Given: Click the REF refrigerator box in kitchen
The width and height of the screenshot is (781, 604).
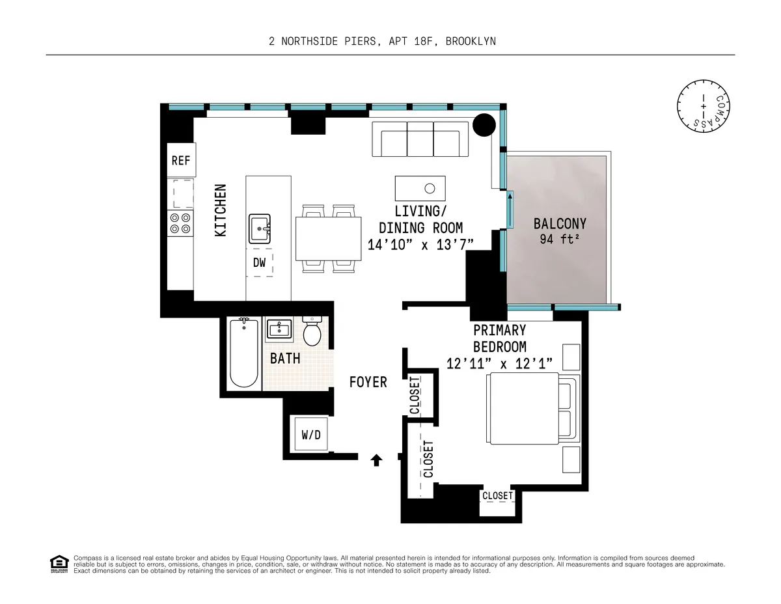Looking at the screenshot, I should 180,159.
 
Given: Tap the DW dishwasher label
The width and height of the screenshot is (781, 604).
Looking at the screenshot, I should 260,262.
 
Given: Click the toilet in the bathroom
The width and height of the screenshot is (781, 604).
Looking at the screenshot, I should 313,332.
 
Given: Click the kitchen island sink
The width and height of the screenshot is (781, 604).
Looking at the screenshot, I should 260,228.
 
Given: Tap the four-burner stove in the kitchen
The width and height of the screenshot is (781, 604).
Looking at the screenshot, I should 180,223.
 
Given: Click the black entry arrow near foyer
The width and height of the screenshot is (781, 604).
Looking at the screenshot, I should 376,460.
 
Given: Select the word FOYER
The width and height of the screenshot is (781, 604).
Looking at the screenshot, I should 368,382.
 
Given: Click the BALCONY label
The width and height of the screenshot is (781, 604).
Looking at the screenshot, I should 560,224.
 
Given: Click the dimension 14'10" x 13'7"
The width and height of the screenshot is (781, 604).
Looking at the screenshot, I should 420,244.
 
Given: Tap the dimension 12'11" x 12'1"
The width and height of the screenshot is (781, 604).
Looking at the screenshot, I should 499,363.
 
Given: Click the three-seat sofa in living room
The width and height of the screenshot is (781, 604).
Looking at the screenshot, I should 416,139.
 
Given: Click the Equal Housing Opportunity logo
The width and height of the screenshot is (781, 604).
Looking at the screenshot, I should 59,564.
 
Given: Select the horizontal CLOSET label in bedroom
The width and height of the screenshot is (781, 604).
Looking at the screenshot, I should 497,496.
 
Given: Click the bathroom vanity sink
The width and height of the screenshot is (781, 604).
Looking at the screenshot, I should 282,329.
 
